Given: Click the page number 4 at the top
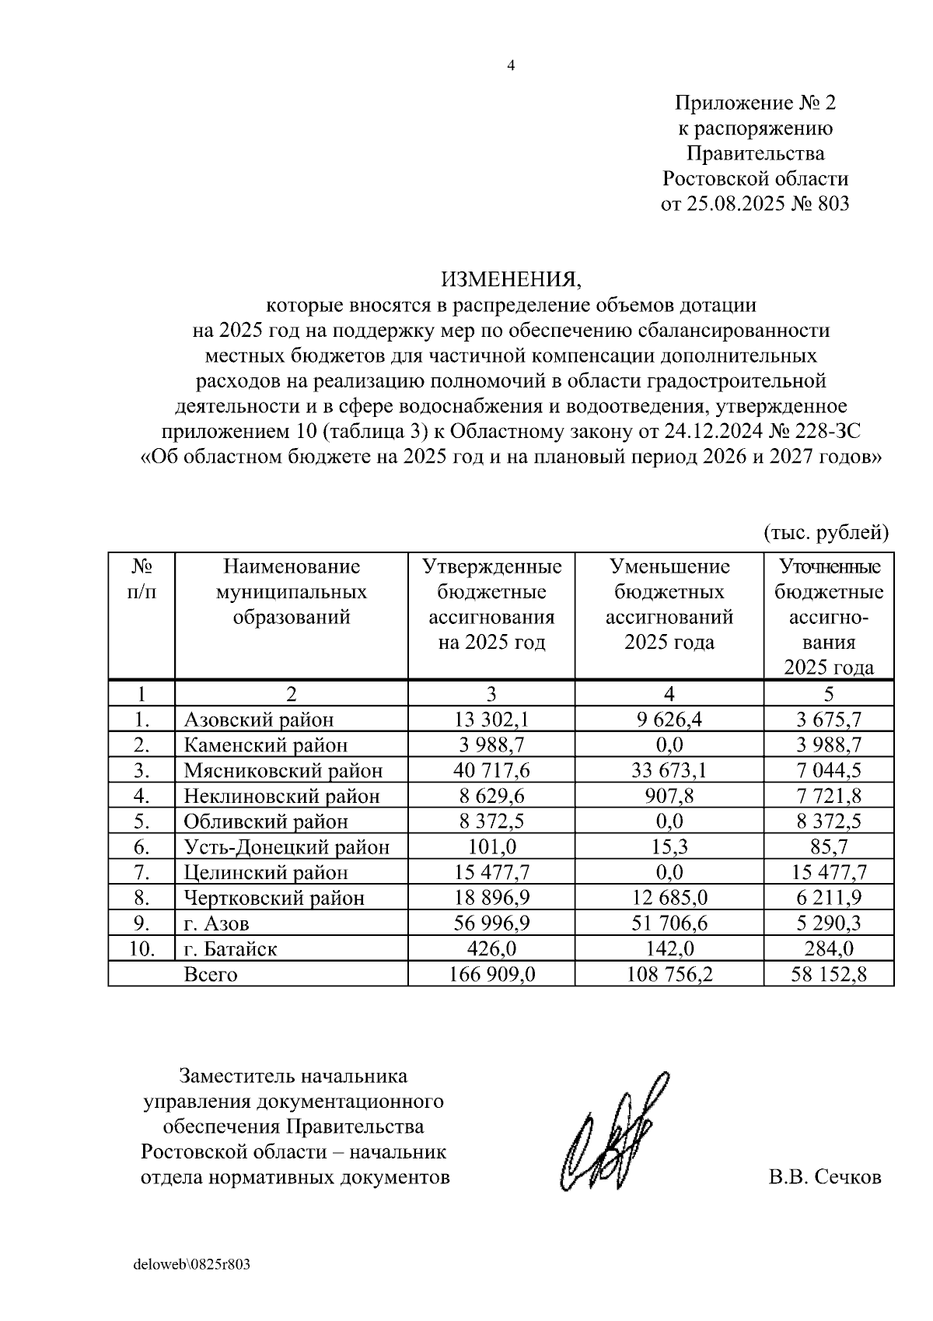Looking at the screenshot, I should [511, 66].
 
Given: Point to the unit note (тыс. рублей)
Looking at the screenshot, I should [826, 533].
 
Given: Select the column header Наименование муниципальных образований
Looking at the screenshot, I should [292, 592].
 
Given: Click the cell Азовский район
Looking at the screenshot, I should [258, 720].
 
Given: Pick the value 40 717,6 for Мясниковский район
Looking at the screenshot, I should [491, 771].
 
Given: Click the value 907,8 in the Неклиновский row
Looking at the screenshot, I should [669, 796].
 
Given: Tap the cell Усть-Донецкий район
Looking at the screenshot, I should [286, 847].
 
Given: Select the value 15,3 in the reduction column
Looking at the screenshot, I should [669, 847].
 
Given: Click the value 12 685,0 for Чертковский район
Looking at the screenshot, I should [669, 898].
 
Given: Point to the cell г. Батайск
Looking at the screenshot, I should [230, 949].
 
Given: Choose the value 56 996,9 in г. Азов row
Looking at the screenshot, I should [491, 923].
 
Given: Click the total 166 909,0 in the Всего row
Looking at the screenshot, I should [491, 975].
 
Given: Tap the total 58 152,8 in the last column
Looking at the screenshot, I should [829, 975].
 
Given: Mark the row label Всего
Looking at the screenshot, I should [211, 975].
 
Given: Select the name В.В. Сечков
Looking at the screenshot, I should [825, 1177].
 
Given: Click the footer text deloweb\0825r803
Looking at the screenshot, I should [192, 1264].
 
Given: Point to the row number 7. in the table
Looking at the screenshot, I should [142, 872].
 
